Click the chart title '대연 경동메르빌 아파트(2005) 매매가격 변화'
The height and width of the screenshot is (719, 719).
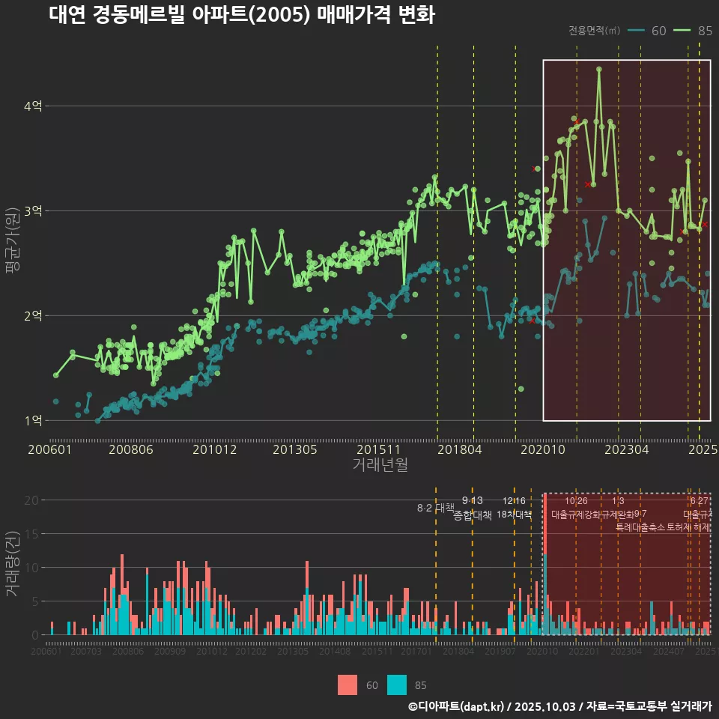pyautogui.click(x=241, y=16)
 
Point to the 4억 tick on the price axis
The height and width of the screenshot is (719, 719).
pyautogui.click(x=32, y=106)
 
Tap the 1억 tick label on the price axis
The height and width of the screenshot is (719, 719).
pyautogui.click(x=32, y=421)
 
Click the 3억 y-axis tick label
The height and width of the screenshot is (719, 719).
pyautogui.click(x=32, y=211)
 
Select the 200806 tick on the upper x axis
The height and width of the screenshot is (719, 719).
pyautogui.click(x=130, y=450)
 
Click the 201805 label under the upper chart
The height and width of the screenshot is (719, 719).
pyautogui.click(x=459, y=450)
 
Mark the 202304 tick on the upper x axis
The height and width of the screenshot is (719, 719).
pyautogui.click(x=626, y=450)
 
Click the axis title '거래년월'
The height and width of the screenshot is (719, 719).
pyautogui.click(x=380, y=465)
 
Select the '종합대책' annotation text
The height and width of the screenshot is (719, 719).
pyautogui.click(x=473, y=515)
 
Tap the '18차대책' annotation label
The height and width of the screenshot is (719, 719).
pyautogui.click(x=514, y=515)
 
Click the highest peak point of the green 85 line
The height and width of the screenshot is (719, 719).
pyautogui.click(x=599, y=69)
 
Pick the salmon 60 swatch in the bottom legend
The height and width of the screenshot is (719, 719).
pyautogui.click(x=348, y=685)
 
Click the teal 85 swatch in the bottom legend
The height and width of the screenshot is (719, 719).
pyautogui.click(x=397, y=685)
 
